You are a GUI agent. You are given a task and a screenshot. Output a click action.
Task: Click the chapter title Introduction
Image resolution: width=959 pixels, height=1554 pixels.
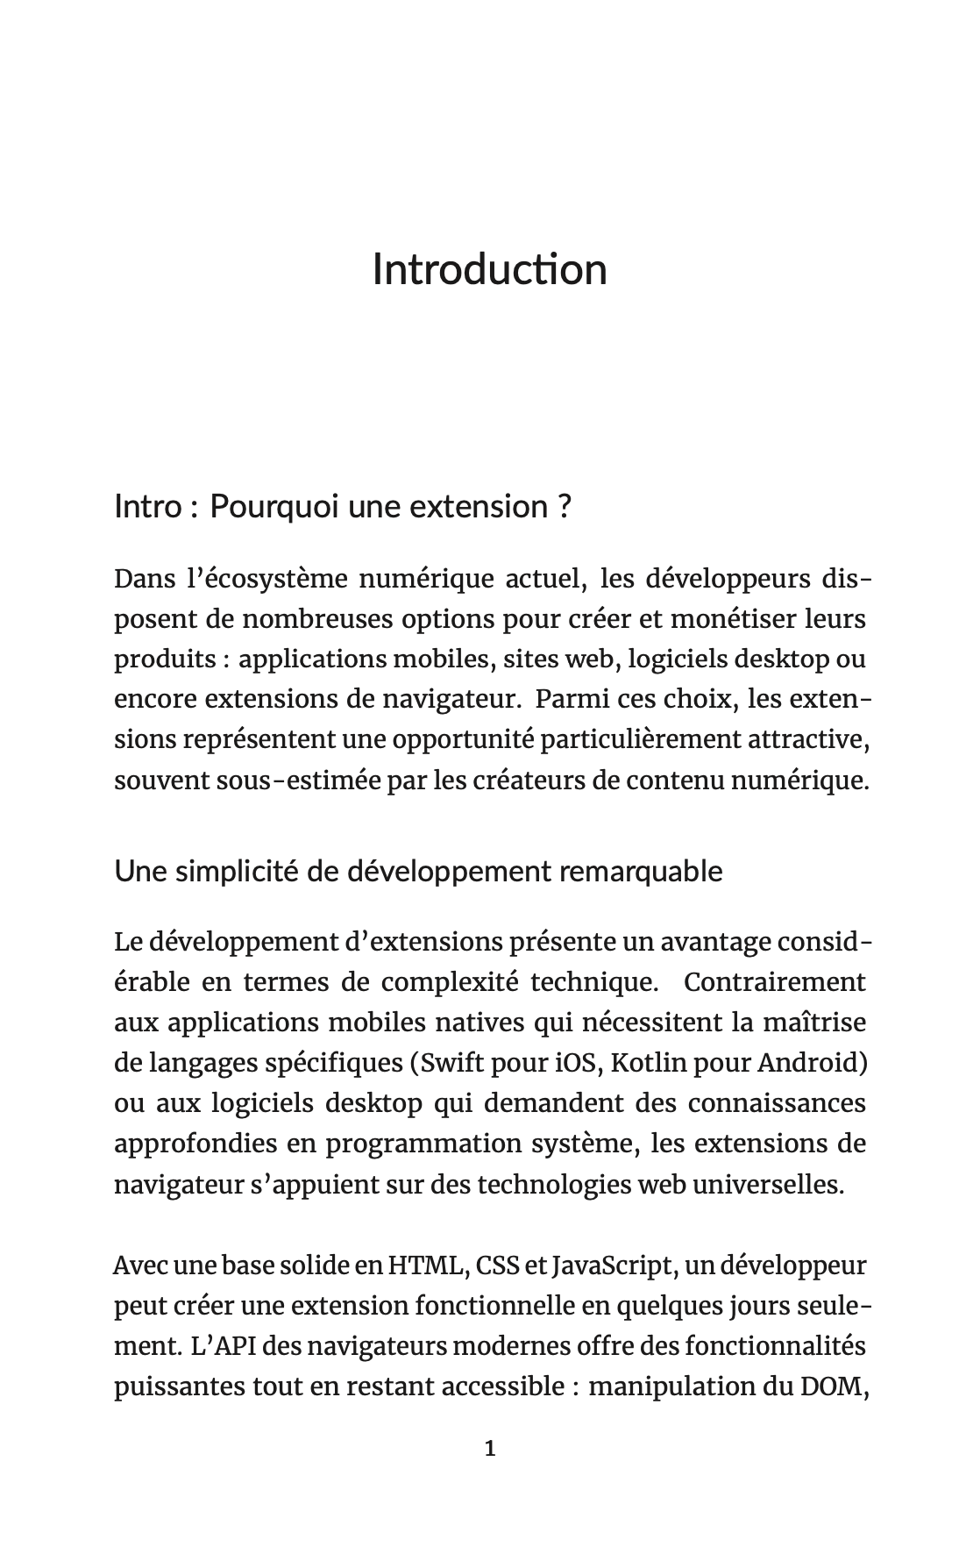pyautogui.click(x=489, y=269)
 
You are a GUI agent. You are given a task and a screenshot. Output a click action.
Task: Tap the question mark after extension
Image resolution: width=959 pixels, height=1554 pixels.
pyautogui.click(x=564, y=507)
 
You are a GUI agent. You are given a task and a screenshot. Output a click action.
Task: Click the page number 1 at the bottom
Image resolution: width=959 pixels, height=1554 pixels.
pyautogui.click(x=490, y=1449)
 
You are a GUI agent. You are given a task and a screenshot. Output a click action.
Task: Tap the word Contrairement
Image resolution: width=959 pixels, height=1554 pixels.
pyautogui.click(x=774, y=982)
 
